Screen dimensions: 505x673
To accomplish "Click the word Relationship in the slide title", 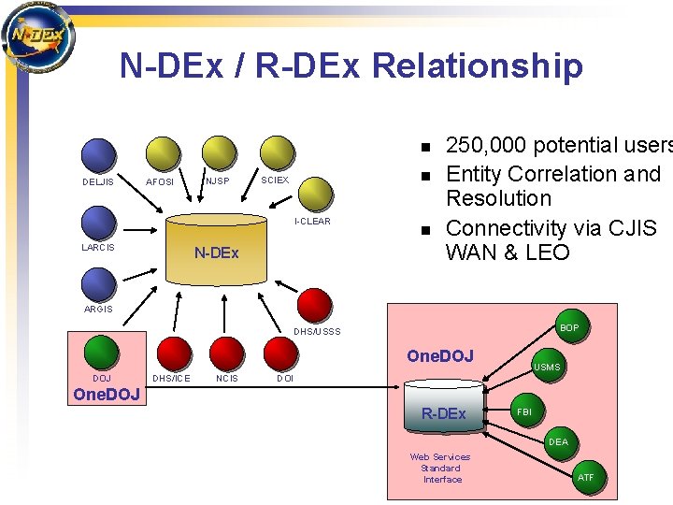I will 477,65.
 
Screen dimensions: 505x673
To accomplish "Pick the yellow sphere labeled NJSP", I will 220,153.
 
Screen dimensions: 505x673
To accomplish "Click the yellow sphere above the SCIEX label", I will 278,153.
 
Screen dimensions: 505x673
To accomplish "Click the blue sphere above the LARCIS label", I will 98,224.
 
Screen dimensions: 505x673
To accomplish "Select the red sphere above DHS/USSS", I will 315,304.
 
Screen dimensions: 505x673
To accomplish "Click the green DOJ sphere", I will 101,353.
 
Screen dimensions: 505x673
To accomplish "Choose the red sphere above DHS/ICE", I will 169,353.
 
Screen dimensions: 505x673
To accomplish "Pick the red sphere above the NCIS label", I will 226,353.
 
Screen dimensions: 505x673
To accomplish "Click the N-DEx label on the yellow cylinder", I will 216,252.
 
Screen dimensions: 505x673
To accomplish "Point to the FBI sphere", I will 526,411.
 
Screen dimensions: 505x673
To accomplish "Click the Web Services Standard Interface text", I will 441,468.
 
